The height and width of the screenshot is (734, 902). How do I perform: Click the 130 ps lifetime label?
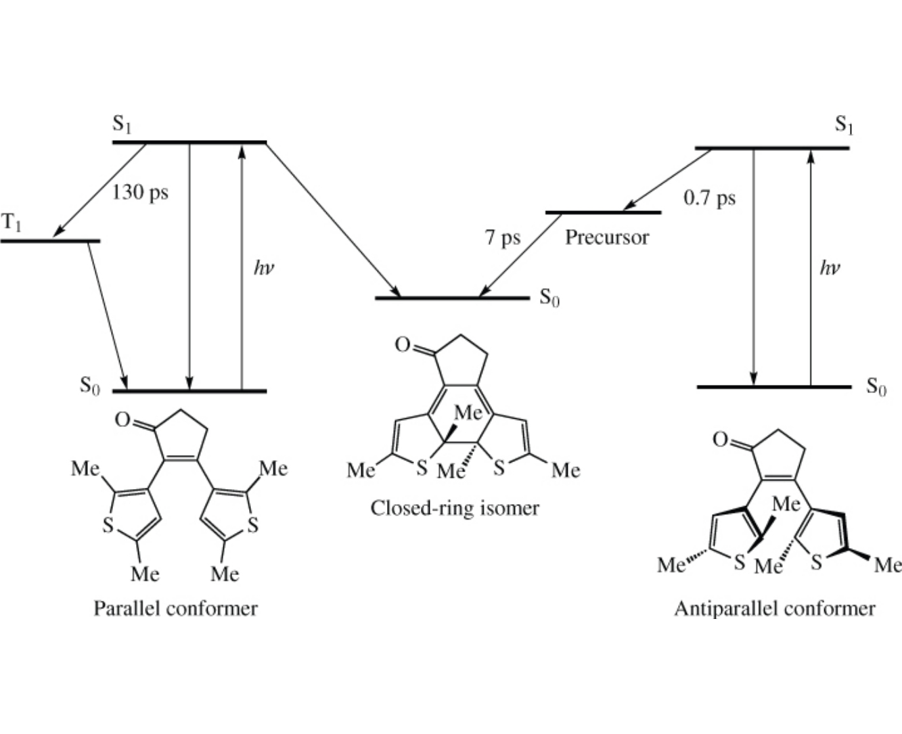pos(140,193)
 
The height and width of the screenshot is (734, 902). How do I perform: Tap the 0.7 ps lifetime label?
pos(709,198)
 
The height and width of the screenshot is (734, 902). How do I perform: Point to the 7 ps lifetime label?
pos(503,237)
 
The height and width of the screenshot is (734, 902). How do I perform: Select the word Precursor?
pos(607,237)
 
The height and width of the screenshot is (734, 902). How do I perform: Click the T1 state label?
pos(12,223)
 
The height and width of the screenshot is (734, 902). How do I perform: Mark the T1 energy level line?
pos(51,241)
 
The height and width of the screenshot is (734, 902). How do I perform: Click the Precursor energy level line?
pos(603,213)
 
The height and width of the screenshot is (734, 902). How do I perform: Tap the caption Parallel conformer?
pos(175,608)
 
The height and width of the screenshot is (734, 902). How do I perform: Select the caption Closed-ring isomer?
pos(455,507)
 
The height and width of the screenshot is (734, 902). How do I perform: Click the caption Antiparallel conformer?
pos(774,608)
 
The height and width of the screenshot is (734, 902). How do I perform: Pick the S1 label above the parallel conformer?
pos(122,126)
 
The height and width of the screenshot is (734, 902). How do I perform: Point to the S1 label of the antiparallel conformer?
pos(843,124)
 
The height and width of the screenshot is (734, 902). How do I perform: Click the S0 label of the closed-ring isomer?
pos(549,298)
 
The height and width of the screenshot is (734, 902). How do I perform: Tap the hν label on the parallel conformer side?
pos(263,268)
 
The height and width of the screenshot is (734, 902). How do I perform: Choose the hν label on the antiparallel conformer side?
pos(830,268)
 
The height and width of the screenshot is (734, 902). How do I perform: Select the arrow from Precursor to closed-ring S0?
pos(520,256)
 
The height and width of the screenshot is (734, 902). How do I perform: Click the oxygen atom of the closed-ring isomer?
pos(403,346)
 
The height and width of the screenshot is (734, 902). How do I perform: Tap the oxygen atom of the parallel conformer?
pos(122,420)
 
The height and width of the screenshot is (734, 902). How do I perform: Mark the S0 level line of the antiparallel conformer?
pos(774,387)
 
